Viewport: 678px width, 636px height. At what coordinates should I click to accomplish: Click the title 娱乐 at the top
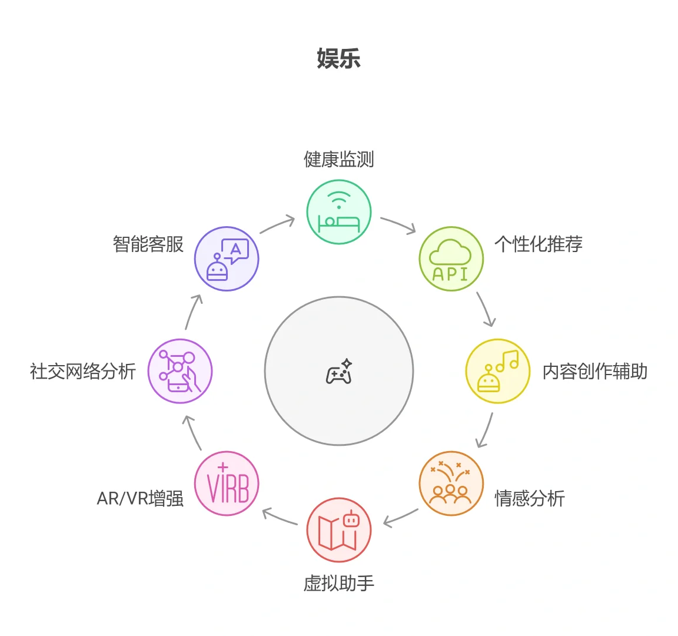(338, 59)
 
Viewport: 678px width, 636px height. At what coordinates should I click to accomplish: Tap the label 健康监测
(338, 159)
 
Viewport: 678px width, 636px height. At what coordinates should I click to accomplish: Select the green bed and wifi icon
(338, 212)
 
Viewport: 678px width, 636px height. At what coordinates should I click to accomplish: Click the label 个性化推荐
(538, 244)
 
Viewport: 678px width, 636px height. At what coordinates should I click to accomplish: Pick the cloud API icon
(451, 259)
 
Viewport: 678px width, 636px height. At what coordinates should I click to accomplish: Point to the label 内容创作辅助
(594, 371)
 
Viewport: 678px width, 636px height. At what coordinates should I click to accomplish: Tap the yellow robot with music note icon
(498, 371)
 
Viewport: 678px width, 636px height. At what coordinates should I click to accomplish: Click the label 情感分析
(530, 498)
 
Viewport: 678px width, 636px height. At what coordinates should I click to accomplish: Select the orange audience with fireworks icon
(451, 483)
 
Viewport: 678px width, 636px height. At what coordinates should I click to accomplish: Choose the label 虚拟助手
(338, 583)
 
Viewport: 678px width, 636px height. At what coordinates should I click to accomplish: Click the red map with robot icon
(338, 530)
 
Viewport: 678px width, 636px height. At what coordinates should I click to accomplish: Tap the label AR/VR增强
(140, 498)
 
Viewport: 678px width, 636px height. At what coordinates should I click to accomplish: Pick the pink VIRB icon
(227, 483)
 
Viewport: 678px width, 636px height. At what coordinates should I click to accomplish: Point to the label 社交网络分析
(83, 371)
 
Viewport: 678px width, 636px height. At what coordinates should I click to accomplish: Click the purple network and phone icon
(180, 371)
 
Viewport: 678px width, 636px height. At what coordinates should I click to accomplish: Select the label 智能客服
(148, 244)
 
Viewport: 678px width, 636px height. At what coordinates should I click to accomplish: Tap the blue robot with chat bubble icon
(227, 259)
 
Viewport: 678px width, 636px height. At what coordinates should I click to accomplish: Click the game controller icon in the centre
(339, 372)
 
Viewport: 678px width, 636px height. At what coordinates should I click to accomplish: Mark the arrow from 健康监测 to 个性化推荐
(398, 224)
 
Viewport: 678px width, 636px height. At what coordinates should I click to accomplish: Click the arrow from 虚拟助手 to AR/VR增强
(280, 517)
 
